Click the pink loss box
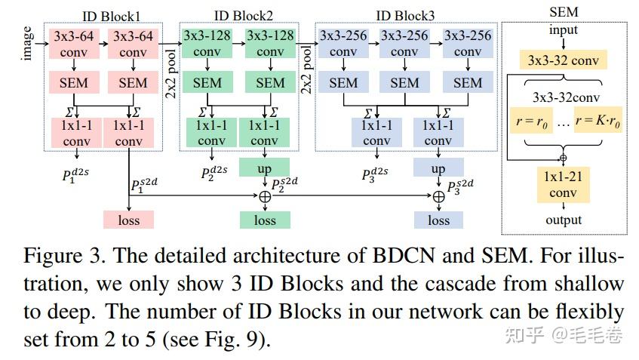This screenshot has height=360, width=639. [x=128, y=220]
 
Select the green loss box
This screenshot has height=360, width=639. [x=265, y=220]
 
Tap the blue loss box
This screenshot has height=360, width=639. [x=438, y=220]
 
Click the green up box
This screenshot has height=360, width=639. [x=265, y=168]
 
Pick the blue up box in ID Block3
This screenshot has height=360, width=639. [x=438, y=168]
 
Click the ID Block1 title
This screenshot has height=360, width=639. [x=111, y=17]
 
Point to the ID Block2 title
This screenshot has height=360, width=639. [x=243, y=16]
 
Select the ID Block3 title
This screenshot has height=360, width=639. [x=405, y=16]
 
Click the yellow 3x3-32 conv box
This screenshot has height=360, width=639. [x=564, y=60]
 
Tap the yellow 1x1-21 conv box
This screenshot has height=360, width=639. [x=564, y=184]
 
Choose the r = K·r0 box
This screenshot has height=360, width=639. [x=598, y=120]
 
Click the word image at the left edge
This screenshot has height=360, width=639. [x=27, y=43]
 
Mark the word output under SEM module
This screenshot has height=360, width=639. [x=564, y=220]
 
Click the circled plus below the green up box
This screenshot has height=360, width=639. [x=265, y=196]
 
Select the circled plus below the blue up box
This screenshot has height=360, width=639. [x=438, y=196]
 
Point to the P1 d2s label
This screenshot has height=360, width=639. [x=75, y=175]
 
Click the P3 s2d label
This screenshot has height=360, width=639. [x=460, y=186]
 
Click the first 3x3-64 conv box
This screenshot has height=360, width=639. [x=74, y=44]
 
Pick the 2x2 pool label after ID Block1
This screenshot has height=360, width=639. [x=171, y=74]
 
